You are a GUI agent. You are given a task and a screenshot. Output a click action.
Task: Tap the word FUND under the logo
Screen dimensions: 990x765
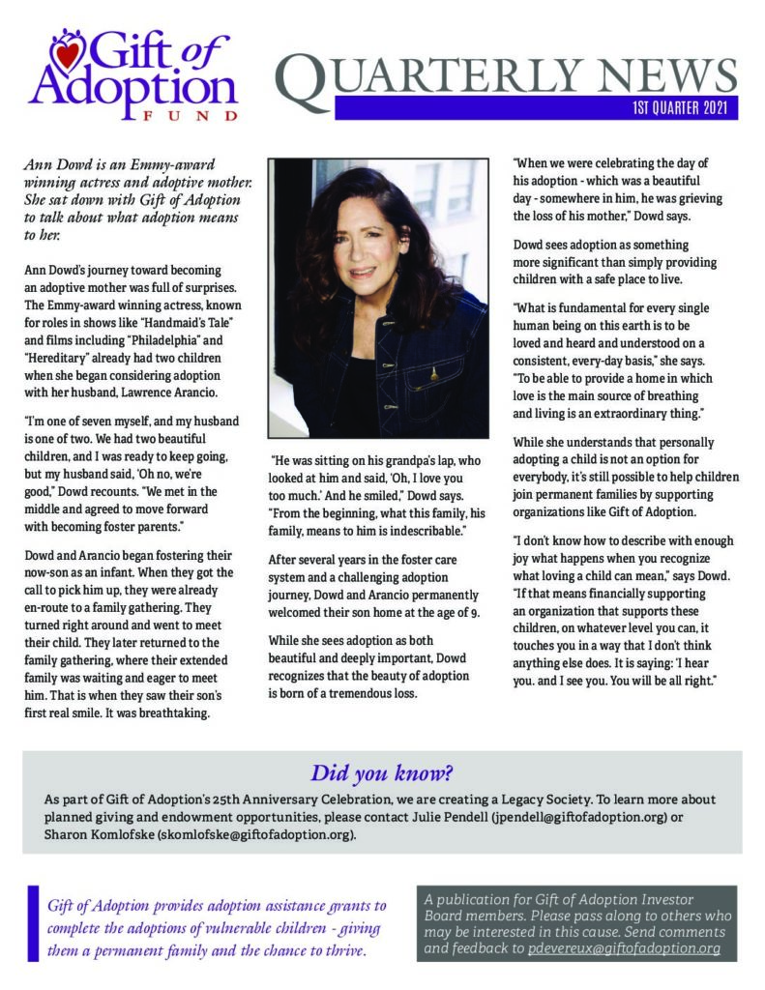[x=185, y=115]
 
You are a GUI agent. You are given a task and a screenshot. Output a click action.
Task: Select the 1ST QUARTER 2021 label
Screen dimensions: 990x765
[x=681, y=107]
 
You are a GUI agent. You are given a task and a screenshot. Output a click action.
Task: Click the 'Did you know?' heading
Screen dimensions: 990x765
[x=382, y=773]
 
